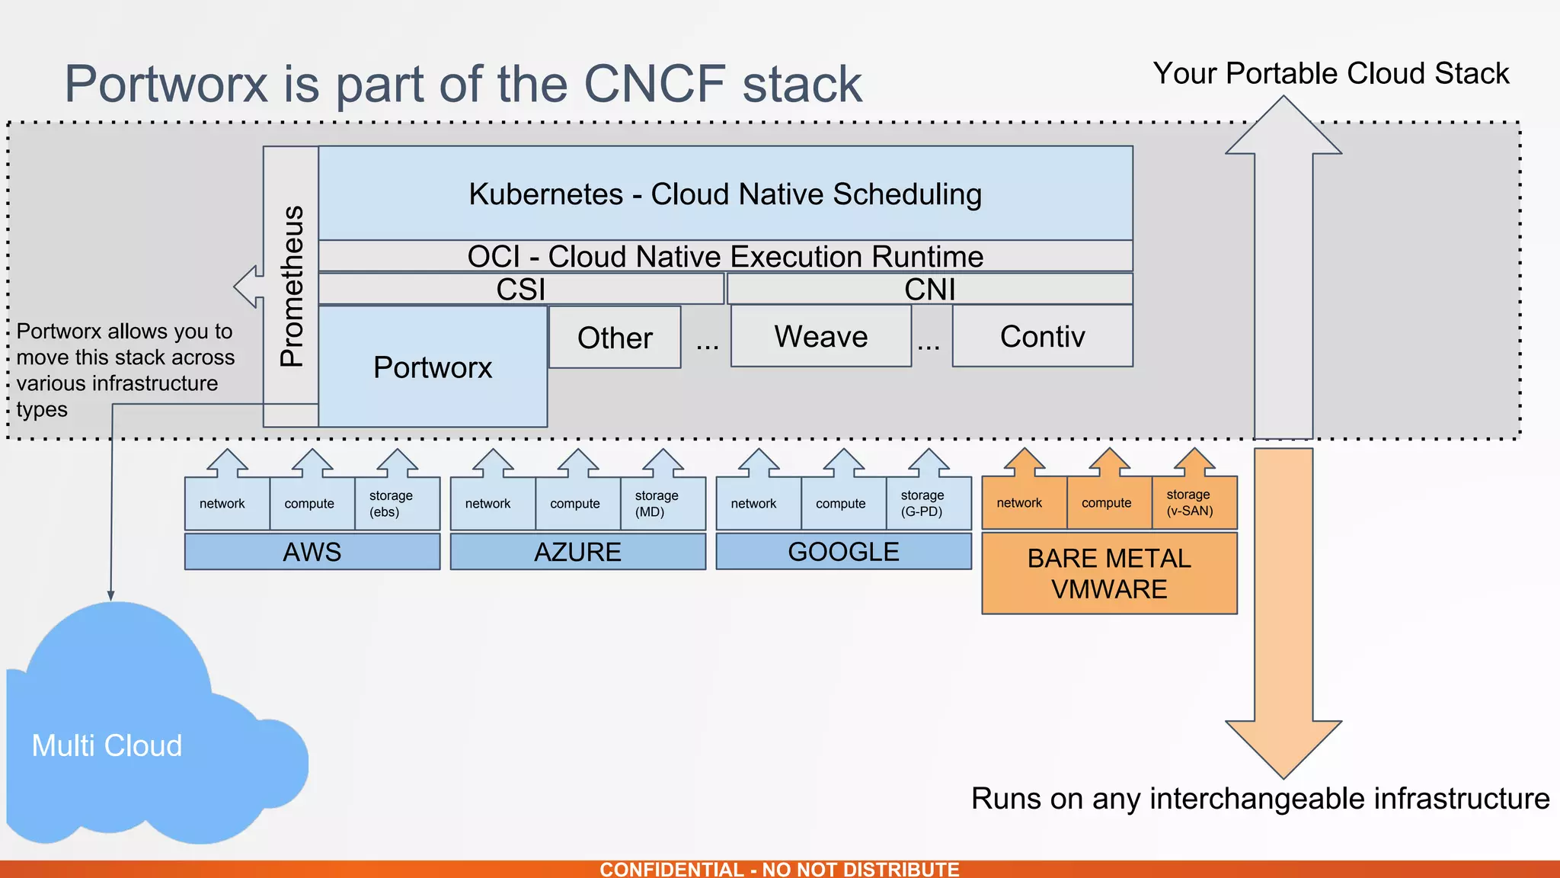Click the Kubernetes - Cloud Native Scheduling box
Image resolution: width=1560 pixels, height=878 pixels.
(x=724, y=194)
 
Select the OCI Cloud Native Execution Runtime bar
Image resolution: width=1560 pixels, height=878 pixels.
(x=724, y=256)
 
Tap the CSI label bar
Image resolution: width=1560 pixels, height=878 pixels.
(x=520, y=289)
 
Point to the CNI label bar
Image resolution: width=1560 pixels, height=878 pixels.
(x=929, y=289)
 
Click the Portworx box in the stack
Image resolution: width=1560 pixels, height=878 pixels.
(x=433, y=367)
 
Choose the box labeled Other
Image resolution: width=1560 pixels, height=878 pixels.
(x=615, y=338)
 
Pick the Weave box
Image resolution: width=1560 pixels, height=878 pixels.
(x=820, y=336)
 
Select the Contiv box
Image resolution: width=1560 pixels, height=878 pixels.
(x=1042, y=336)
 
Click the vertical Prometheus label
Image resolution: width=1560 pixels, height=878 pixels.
(x=292, y=286)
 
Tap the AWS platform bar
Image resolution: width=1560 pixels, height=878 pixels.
(x=312, y=552)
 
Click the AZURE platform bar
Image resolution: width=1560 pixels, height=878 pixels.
(x=577, y=552)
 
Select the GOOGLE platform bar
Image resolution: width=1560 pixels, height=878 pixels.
(x=843, y=551)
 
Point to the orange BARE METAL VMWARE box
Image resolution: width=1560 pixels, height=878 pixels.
(x=1109, y=573)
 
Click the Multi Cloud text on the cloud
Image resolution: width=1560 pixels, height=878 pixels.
(x=107, y=745)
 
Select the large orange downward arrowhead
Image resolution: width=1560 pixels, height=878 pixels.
(x=1283, y=747)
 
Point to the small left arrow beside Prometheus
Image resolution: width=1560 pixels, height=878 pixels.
(x=248, y=287)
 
